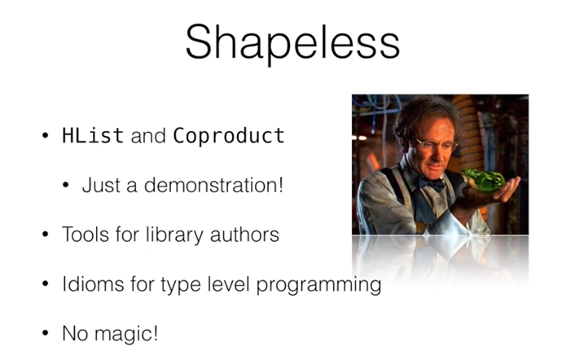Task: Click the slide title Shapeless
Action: [x=292, y=43]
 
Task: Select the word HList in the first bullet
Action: [x=93, y=135]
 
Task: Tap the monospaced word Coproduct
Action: [x=229, y=136]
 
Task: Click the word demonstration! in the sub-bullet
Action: [x=213, y=185]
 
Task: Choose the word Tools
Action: [x=86, y=235]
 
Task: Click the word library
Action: [x=174, y=235]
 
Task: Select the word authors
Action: [x=244, y=235]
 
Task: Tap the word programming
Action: [x=318, y=286]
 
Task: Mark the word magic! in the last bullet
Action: [x=126, y=334]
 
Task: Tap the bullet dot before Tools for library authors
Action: [x=46, y=235]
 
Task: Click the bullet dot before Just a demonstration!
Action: [x=66, y=185]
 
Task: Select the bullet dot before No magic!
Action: [x=46, y=333]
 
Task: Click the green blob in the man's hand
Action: [x=483, y=179]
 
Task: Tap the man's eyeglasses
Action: [x=437, y=145]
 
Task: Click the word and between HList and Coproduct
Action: [x=148, y=135]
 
